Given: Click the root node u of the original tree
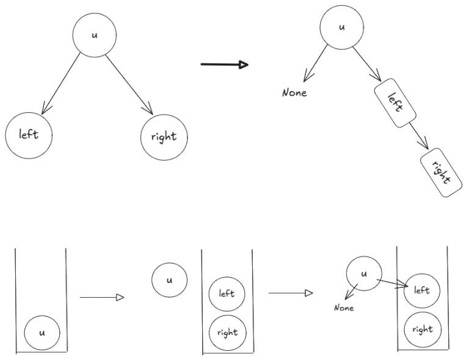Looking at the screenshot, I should coord(94,35).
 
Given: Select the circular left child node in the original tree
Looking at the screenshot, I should coord(29,134).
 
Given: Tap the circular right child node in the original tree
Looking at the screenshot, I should coord(164,137).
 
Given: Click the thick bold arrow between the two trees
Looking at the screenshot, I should coord(224,65).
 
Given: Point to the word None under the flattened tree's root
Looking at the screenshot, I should coord(294,93).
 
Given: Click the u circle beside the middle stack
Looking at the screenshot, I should coord(169,280).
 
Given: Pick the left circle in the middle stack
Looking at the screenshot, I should coord(227,293).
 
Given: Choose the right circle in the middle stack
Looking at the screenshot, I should coord(227,333).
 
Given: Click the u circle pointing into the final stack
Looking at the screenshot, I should coord(364,274).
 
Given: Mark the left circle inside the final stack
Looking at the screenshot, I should coord(422,290).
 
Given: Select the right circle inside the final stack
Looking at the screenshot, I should coord(422,329).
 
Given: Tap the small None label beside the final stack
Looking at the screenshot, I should coord(343,308).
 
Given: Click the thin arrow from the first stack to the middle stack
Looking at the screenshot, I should coord(101,298).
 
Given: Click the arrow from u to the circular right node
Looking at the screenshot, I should coord(129,84).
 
